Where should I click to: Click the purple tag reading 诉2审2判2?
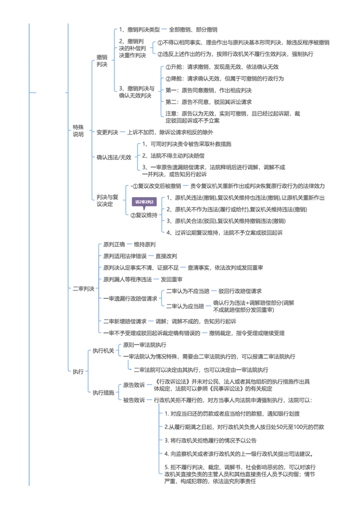144,202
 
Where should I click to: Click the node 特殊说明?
78,130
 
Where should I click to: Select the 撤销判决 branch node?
102,61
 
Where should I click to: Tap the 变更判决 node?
107,132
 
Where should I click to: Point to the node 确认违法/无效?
114,157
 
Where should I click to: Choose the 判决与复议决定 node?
107,200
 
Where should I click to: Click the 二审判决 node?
84,289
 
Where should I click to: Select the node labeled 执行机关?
103,351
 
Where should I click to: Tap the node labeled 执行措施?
103,393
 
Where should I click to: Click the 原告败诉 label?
134,385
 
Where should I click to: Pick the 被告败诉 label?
134,400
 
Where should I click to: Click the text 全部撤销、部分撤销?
193,30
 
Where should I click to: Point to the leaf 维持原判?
144,245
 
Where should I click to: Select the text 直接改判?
166,256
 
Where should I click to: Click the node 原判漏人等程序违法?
127,279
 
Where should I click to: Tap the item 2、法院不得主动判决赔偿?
173,156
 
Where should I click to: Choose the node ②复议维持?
144,215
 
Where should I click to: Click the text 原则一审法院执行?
144,345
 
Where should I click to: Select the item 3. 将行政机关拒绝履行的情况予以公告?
210,441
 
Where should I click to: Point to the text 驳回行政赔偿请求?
240,291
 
